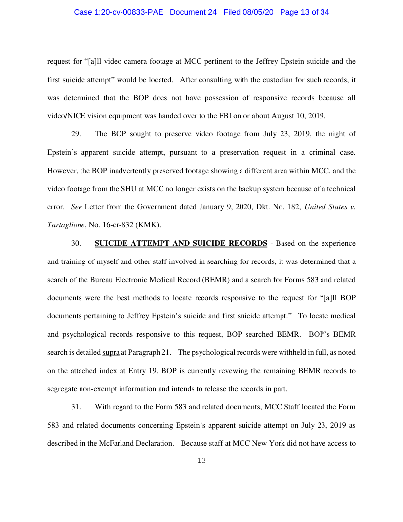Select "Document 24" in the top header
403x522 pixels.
click(x=193, y=12)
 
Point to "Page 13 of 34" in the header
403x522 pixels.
click(x=304, y=12)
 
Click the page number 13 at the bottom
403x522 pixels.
click(x=201, y=461)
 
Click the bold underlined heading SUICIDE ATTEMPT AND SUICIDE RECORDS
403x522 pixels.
click(x=181, y=243)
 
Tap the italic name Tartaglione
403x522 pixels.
click(x=66, y=225)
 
